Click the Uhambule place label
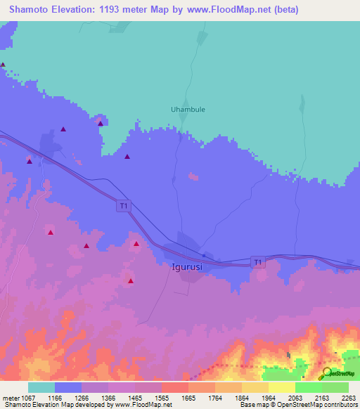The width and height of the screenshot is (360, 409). [x=188, y=109]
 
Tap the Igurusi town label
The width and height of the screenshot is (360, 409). [x=188, y=267]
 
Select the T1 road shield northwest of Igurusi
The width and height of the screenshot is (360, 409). [x=124, y=206]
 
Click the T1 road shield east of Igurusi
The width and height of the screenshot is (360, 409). [x=258, y=262]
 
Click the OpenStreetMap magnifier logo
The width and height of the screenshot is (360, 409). [x=328, y=373]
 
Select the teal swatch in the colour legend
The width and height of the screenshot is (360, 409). [x=41, y=387]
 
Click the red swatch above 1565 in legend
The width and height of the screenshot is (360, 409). [x=174, y=387]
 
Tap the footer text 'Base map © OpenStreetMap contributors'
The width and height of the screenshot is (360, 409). [x=299, y=405]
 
